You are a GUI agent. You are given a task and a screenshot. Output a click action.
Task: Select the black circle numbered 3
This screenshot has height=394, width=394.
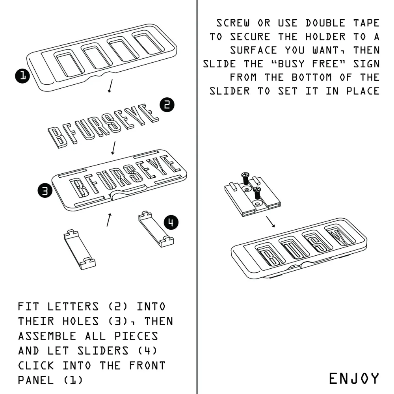pyautogui.click(x=45, y=191)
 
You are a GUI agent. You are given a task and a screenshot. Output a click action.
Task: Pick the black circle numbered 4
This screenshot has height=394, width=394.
pyautogui.click(x=170, y=222)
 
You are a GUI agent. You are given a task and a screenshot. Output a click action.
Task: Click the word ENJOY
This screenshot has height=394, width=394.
pyautogui.click(x=354, y=378)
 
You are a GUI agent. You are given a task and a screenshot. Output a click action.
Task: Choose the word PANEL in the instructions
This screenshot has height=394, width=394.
pyautogui.click(x=37, y=380)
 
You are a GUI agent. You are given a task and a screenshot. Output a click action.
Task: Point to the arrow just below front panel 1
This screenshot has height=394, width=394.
pyautogui.click(x=110, y=86)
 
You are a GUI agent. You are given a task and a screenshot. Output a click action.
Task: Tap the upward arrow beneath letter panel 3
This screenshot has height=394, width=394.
pyautogui.click(x=108, y=219)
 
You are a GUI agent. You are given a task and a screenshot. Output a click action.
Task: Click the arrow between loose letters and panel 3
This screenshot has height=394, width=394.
pyautogui.click(x=113, y=147)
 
